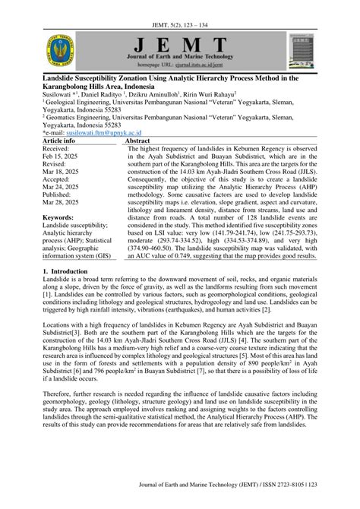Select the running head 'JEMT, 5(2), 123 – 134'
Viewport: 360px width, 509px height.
tap(180, 11)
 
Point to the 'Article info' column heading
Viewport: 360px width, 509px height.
tap(58, 141)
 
